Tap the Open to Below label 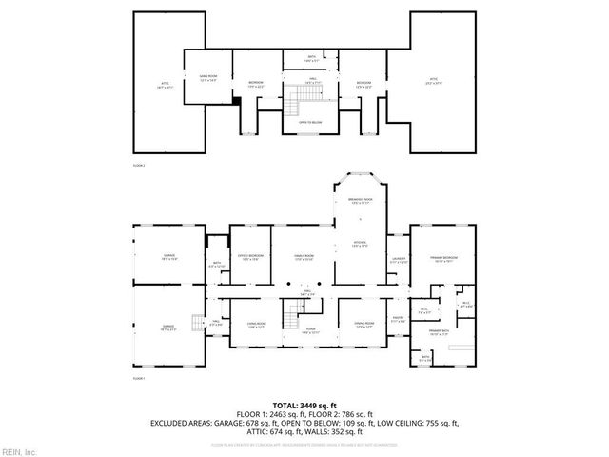(x=310, y=123)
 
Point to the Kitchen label (x=361, y=245)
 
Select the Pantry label (x=398, y=321)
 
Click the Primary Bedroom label (x=442, y=259)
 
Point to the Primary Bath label (x=438, y=332)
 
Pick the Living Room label (x=255, y=326)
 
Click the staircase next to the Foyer (x=289, y=314)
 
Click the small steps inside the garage (x=197, y=323)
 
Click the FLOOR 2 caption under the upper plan (x=139, y=165)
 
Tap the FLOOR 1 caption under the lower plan (x=139, y=378)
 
